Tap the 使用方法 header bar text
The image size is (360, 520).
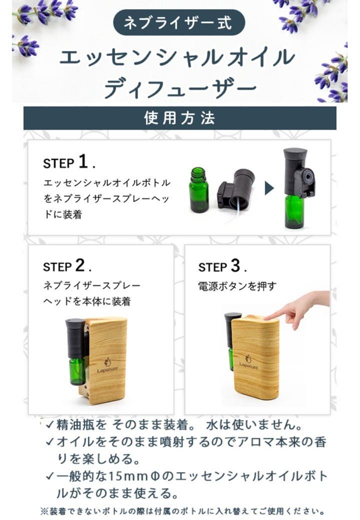tap(179, 118)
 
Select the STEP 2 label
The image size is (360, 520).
tap(67, 266)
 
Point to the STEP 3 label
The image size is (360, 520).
tap(222, 266)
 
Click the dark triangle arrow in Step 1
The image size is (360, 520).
tap(269, 188)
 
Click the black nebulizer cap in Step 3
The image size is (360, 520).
tap(232, 330)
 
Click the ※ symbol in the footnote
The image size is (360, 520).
tap(43, 511)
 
